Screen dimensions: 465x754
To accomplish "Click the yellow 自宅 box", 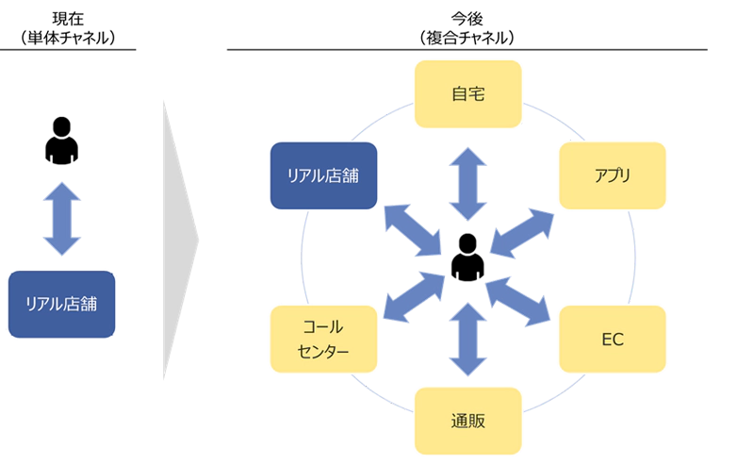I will pyautogui.click(x=467, y=94).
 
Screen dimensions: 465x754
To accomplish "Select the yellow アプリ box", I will pyautogui.click(x=613, y=175).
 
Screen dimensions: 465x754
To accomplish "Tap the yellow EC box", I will pyautogui.click(x=613, y=338).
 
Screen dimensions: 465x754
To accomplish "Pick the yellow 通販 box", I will pyautogui.click(x=467, y=421).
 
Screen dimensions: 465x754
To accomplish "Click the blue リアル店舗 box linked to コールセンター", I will pyautogui.click(x=323, y=175).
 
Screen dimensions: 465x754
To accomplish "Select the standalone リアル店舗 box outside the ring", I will pyautogui.click(x=62, y=304).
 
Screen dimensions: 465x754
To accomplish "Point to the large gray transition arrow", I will pyautogui.click(x=179, y=241).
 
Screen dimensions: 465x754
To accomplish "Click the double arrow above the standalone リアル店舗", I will pyautogui.click(x=62, y=220).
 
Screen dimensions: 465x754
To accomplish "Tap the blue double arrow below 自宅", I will pyautogui.click(x=467, y=184).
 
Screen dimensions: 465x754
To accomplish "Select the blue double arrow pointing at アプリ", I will pyautogui.click(x=523, y=232).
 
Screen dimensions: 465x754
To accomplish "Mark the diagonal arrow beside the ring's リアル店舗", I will pyautogui.click(x=415, y=228).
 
